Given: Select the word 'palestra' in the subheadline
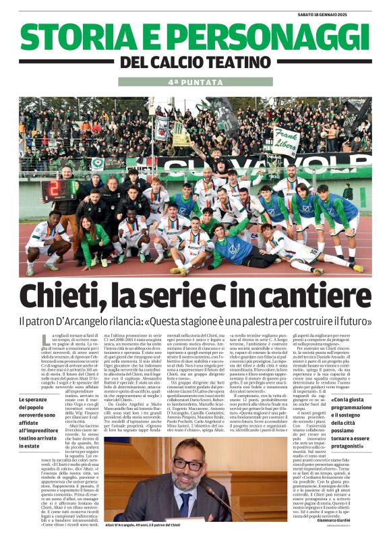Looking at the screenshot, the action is (258, 322).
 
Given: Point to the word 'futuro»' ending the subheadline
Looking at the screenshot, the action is (351, 322).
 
